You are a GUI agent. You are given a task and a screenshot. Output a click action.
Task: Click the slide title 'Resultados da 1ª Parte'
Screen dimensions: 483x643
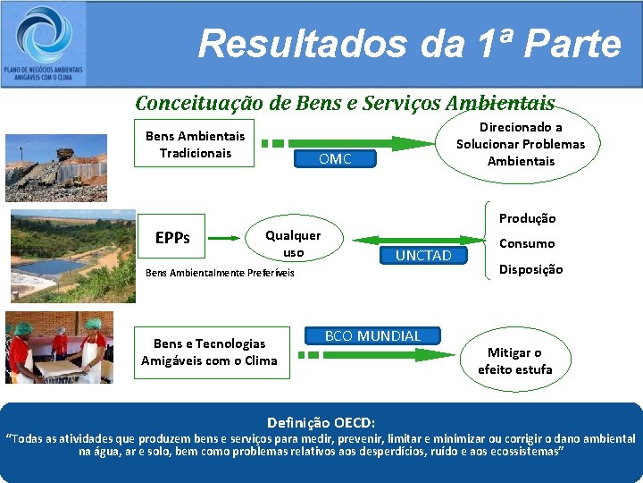(x=409, y=43)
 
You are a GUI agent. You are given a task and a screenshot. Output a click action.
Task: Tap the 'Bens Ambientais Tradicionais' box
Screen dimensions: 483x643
(x=195, y=144)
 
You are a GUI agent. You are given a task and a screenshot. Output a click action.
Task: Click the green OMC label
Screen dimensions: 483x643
(x=335, y=159)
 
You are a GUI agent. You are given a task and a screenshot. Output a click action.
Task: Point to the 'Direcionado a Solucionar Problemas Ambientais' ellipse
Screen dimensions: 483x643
(x=520, y=145)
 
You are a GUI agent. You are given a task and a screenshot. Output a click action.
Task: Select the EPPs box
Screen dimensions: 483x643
(x=171, y=238)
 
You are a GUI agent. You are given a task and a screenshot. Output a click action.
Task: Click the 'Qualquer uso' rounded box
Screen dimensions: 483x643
(x=293, y=243)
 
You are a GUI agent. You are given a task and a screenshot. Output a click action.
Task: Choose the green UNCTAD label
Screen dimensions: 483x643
(x=423, y=256)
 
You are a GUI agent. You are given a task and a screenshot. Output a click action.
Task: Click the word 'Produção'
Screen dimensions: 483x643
(x=527, y=218)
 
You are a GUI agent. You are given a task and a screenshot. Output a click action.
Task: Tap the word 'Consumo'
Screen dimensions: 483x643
(x=526, y=243)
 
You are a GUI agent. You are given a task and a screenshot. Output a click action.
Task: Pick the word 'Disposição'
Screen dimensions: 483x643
(x=530, y=269)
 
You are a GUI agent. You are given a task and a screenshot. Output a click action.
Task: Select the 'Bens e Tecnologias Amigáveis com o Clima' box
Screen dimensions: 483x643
(x=209, y=352)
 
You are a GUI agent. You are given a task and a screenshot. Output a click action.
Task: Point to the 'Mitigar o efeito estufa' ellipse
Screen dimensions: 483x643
(x=514, y=360)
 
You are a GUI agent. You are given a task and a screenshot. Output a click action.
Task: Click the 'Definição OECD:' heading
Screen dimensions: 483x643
(x=321, y=421)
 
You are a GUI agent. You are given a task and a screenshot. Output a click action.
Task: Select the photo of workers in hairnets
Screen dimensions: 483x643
(x=59, y=347)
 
